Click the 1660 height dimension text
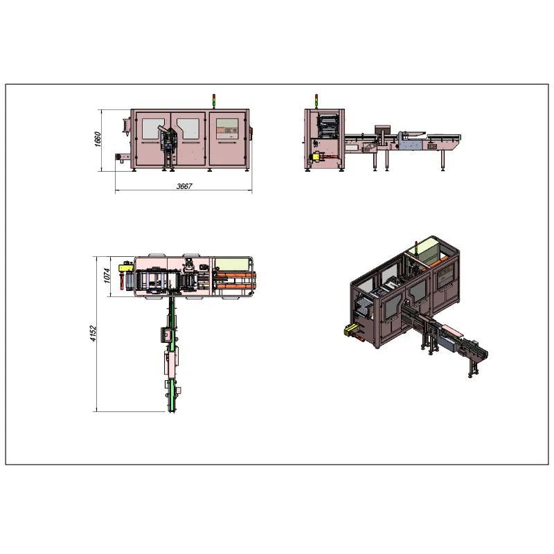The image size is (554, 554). (98, 139)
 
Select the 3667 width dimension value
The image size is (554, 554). (184, 186)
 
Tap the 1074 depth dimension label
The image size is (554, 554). (107, 276)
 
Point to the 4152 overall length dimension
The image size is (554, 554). (93, 333)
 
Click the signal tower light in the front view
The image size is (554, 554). (214, 101)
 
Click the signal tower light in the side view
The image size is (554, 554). (316, 101)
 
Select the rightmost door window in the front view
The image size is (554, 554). (227, 129)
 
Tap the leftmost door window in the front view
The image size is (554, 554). (153, 129)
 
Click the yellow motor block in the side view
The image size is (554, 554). (315, 157)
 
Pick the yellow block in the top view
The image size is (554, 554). (125, 267)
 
